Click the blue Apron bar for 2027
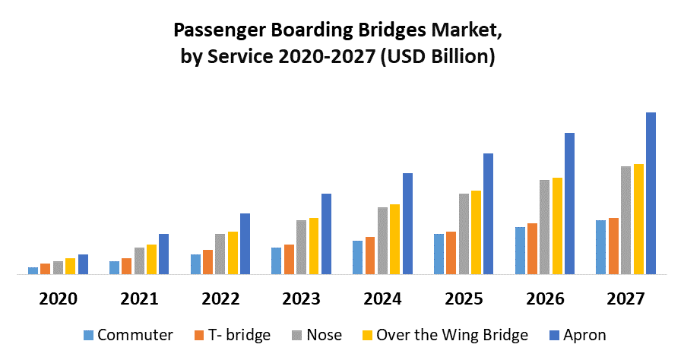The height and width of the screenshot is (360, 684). click(x=651, y=193)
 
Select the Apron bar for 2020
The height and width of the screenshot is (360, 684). click(x=83, y=264)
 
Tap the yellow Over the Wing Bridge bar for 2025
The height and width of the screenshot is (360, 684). click(x=476, y=232)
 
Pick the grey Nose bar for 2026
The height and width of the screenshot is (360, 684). click(x=545, y=226)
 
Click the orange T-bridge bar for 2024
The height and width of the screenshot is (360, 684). click(x=370, y=255)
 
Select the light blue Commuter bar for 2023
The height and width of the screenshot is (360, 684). click(x=276, y=261)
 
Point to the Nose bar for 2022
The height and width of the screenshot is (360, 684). click(x=220, y=254)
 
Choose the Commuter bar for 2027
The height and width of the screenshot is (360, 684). click(x=601, y=247)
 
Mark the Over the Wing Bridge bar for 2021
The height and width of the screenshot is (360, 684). click(x=151, y=259)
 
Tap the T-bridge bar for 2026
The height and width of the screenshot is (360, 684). click(x=533, y=248)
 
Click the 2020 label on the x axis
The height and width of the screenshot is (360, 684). click(x=58, y=298)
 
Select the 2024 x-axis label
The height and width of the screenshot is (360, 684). click(x=382, y=298)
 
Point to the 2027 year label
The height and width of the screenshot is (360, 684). click(x=626, y=298)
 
